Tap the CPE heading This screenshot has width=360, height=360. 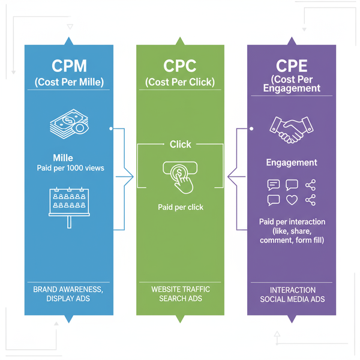292,65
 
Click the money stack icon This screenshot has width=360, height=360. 68,126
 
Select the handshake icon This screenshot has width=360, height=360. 292,128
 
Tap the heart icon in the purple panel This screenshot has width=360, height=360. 292,200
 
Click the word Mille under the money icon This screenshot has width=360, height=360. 63,158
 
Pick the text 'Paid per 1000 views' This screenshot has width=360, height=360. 70,168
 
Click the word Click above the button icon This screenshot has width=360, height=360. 180,144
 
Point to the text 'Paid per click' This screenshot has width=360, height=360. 180,207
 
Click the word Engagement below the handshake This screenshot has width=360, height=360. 292,163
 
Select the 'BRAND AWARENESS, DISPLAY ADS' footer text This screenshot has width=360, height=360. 68,294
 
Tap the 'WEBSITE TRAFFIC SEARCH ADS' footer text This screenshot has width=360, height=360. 180,294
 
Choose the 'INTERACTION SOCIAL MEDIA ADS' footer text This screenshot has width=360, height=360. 292,294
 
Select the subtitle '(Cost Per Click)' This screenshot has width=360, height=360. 180,82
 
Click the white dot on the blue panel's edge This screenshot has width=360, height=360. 111,128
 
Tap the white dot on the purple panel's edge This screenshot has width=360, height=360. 251,128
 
